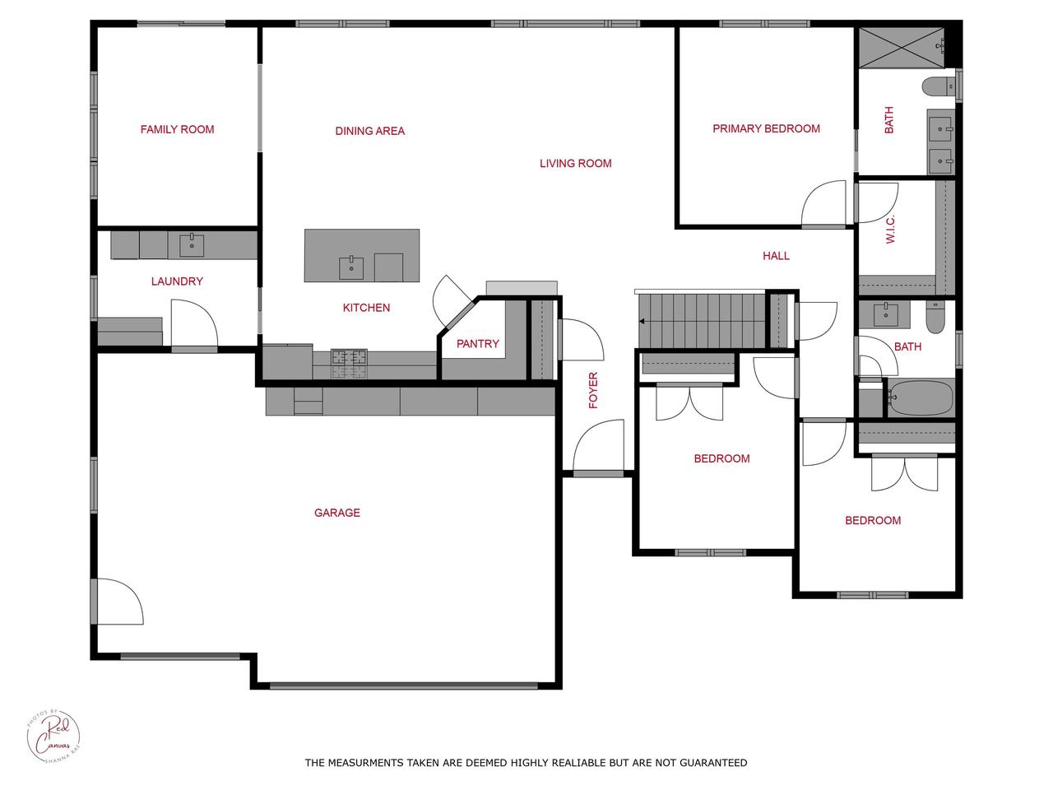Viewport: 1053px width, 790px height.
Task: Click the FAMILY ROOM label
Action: pyautogui.click(x=177, y=129)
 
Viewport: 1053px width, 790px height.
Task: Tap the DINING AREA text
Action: pyautogui.click(x=370, y=131)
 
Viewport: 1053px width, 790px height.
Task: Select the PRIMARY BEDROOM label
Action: pyautogui.click(x=766, y=128)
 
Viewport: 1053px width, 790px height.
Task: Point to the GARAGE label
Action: pyautogui.click(x=336, y=513)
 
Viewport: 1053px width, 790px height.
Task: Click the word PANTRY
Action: pyautogui.click(x=478, y=343)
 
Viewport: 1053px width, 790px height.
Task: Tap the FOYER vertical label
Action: pyautogui.click(x=593, y=390)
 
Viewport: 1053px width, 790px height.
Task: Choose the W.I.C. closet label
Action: pyautogui.click(x=890, y=230)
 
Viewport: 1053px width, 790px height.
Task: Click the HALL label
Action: pyautogui.click(x=777, y=256)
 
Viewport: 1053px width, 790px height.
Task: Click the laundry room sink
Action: pyautogui.click(x=192, y=245)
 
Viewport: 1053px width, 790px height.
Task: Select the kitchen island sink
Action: pyautogui.click(x=351, y=267)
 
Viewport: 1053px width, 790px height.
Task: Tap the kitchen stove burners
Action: pyautogui.click(x=349, y=363)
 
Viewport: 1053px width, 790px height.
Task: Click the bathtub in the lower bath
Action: pyautogui.click(x=920, y=398)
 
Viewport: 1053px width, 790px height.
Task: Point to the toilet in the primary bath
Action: pyautogui.click(x=939, y=87)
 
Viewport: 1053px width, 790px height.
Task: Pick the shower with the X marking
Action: pyautogui.click(x=902, y=48)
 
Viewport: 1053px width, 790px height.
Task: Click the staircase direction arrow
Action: pyautogui.click(x=642, y=322)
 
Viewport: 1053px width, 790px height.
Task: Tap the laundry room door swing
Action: pyautogui.click(x=194, y=323)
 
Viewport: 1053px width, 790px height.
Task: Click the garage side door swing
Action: pyautogui.click(x=120, y=602)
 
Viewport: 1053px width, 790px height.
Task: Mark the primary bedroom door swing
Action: pyautogui.click(x=823, y=203)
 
